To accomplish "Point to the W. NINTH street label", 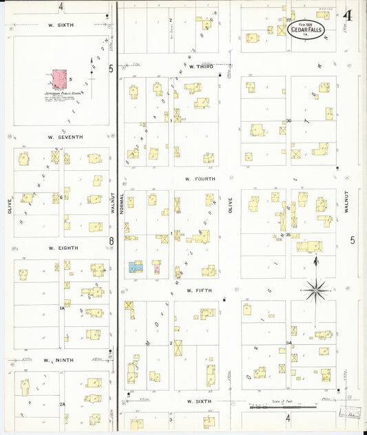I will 58,360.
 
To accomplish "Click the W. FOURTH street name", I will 200,179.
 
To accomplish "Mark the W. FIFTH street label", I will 198,291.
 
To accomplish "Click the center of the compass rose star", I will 315,290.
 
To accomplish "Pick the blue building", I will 135,266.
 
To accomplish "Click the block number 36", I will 289,120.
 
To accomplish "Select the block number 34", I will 289,343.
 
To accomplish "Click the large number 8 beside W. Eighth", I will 111,240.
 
